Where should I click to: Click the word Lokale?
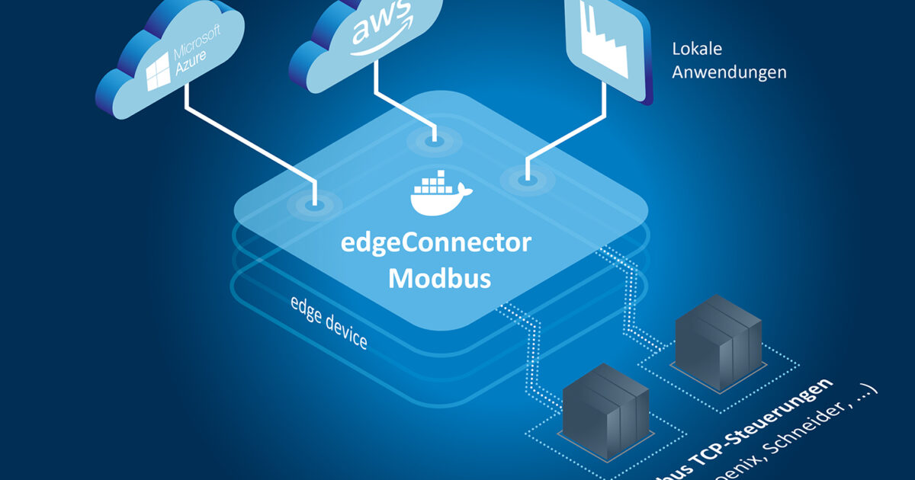[697, 50]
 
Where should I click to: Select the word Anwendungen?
[729, 73]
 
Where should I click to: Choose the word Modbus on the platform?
[439, 278]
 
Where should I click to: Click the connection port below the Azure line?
[312, 204]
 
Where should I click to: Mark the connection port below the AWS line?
[434, 140]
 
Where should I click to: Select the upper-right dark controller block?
[718, 331]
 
